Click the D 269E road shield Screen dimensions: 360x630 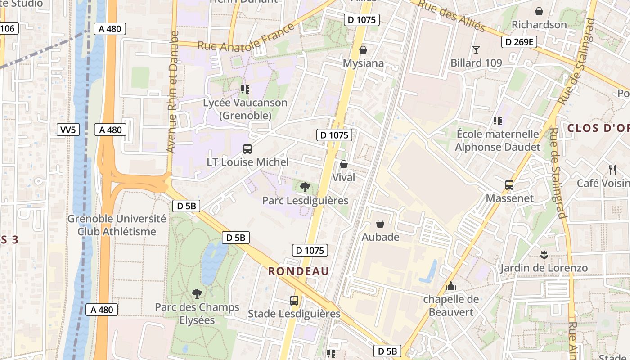(x=519, y=42)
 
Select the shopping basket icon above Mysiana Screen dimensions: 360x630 (x=363, y=50)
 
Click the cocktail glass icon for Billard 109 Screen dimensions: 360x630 (x=476, y=49)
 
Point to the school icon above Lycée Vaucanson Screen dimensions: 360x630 (x=245, y=89)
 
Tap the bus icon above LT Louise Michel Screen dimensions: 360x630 (x=247, y=148)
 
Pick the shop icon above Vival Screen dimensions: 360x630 (x=344, y=164)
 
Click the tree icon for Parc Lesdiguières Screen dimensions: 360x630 (x=305, y=187)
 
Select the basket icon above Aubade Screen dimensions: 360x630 (x=380, y=224)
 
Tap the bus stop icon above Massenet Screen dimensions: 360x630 (x=509, y=185)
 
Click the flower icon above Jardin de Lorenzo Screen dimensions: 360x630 (x=544, y=255)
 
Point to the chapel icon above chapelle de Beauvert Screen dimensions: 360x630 (x=450, y=286)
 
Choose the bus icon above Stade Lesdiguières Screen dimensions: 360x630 (x=294, y=300)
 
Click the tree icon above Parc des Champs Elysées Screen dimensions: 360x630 (x=197, y=294)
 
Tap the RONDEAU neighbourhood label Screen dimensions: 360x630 (x=298, y=271)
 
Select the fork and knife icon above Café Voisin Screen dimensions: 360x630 (x=612, y=170)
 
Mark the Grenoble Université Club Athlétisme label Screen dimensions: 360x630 (x=117, y=225)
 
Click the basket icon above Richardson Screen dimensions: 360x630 (x=539, y=11)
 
